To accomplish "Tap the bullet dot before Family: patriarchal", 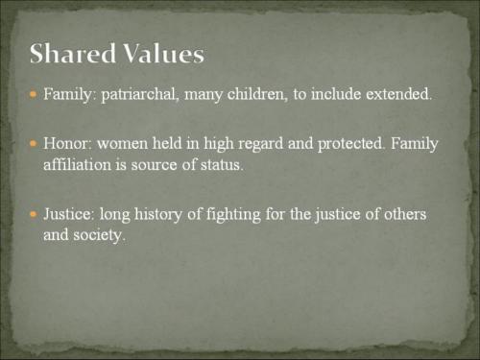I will pos(34,97).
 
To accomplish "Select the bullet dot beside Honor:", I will pos(34,144).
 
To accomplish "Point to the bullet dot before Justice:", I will pos(34,212).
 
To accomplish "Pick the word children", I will pos(263,97).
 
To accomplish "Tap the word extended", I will pos(398,97).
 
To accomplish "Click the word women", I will pos(123,144).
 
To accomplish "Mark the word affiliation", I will pos(77,164).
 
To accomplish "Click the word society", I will pos(100,233).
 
